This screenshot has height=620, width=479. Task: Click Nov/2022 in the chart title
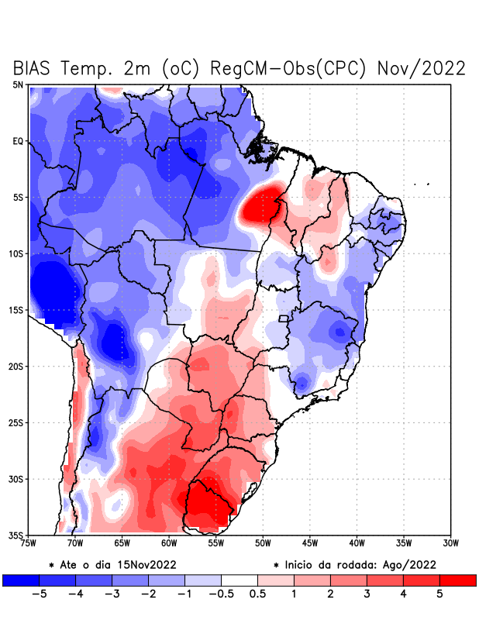(421, 68)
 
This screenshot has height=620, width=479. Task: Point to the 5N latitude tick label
(18, 84)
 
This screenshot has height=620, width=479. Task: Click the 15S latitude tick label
(16, 310)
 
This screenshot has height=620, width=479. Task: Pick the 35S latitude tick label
(16, 535)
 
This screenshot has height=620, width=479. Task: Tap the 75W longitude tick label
(29, 543)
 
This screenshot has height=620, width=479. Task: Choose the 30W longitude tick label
(450, 543)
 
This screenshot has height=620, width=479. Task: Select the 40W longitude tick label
(357, 543)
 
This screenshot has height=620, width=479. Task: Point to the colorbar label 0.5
(258, 594)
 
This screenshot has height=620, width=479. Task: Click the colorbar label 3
(367, 594)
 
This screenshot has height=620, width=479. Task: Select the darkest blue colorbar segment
(21, 580)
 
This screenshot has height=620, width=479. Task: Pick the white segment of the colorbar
(239, 580)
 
